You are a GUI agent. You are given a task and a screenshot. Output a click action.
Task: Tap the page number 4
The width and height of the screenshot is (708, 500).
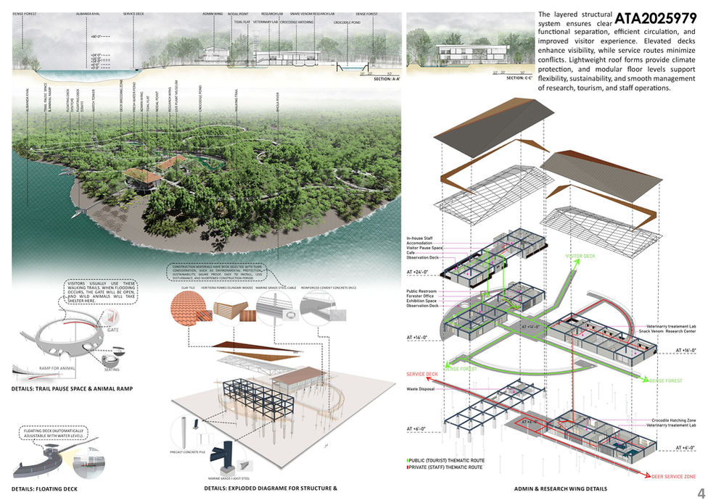coord(699,492)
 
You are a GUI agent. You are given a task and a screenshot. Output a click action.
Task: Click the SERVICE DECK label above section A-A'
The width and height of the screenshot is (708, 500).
coord(133,14)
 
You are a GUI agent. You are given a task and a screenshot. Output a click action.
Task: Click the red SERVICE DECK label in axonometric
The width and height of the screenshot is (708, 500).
coord(423,375)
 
